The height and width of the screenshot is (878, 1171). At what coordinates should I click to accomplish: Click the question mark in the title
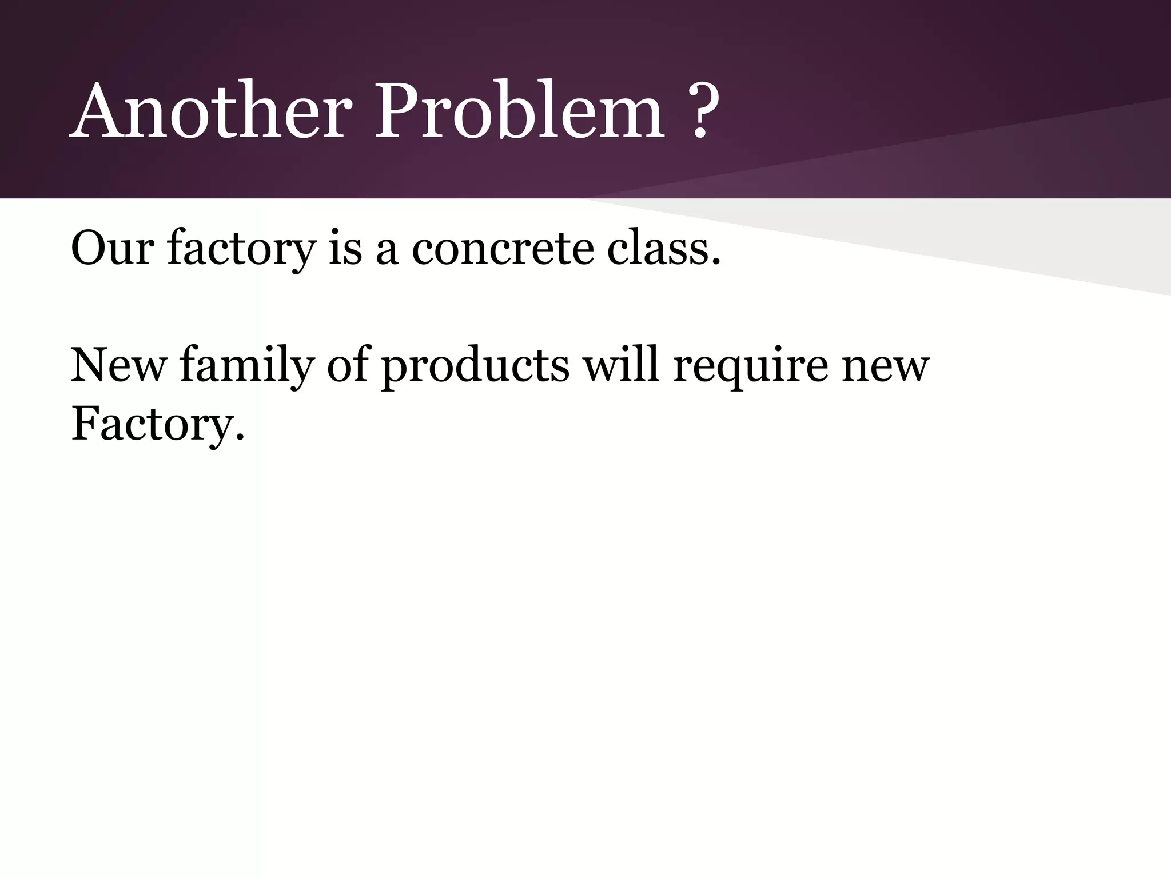702,111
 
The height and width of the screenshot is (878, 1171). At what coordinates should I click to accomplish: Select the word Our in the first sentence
112,249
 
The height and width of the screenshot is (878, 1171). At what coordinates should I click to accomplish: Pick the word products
475,366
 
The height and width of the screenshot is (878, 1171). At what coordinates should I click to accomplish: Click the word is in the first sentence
345,249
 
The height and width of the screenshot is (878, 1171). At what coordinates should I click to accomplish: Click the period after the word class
715,262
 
